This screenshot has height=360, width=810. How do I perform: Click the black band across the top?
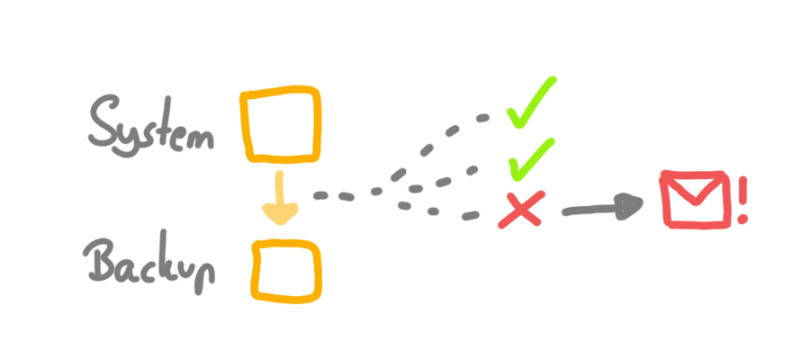click(405, 36)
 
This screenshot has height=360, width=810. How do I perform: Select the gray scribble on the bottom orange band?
click(162, 261)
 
